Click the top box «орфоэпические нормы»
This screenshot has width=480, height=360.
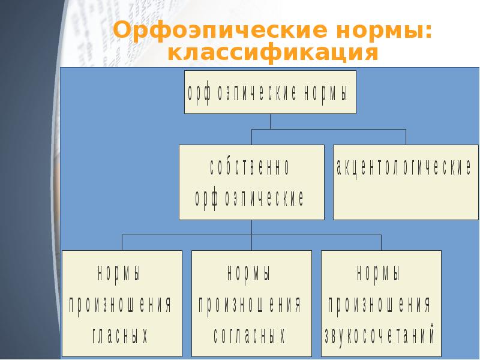(269, 92)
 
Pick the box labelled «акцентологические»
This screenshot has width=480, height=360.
(406, 182)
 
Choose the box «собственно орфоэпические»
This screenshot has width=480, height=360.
(251, 182)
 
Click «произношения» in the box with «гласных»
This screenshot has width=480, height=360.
(120, 305)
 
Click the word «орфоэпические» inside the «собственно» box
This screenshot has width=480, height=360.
(250, 199)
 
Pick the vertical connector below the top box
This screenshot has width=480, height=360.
(270, 121)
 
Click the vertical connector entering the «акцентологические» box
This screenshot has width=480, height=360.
(406, 137)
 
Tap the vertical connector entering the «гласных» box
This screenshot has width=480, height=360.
(122, 242)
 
